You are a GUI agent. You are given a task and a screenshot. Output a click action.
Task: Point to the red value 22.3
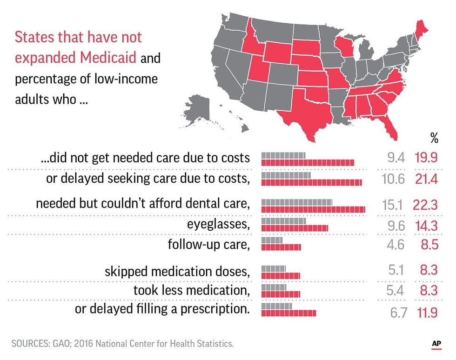pos(425,205)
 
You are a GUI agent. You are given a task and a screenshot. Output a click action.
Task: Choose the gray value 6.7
pos(398,313)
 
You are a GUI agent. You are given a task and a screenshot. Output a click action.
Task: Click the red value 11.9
pos(425,313)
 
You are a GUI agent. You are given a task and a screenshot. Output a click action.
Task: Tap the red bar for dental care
pos(313,209)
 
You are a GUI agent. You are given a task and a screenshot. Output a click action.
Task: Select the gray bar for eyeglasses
pos(283,221)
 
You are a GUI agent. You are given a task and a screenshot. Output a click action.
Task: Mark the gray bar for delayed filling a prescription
pos(276,307)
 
